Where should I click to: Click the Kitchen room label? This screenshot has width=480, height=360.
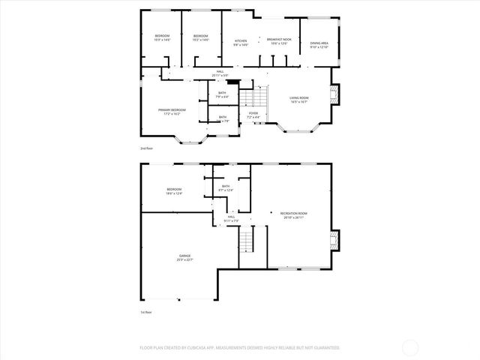241,43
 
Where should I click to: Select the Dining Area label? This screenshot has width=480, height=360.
319,45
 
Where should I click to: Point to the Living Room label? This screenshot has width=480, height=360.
299,100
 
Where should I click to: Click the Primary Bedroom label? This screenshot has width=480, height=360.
172,112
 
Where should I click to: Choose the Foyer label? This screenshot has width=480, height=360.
253,115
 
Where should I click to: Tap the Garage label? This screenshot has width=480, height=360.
184,257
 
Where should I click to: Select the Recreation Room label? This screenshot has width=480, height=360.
293,215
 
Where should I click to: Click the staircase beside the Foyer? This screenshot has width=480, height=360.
259,97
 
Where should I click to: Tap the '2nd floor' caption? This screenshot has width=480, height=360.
148,148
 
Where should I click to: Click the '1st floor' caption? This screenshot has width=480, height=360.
147,312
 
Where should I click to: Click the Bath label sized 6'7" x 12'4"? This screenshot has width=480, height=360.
226,188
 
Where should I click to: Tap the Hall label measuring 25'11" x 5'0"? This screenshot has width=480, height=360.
220,73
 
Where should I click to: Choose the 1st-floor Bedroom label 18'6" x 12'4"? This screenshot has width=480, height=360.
174,191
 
